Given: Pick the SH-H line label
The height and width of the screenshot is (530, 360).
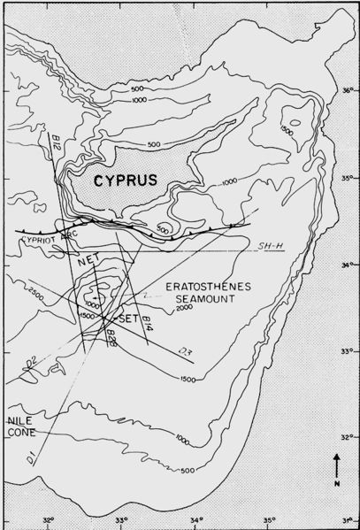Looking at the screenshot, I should [x=263, y=245].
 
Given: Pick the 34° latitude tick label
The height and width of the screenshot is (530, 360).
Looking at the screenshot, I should [x=348, y=264].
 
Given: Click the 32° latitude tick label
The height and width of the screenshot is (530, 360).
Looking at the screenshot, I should [x=348, y=437].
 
